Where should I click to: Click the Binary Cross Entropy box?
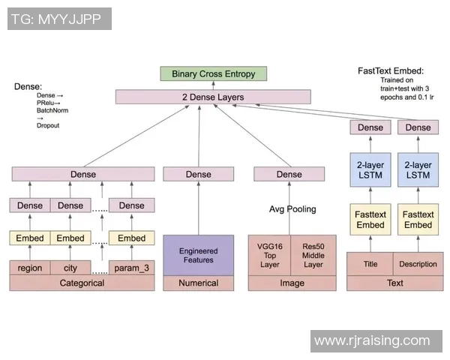click(214, 74)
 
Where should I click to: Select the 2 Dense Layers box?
click(213, 97)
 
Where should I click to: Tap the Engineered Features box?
click(199, 255)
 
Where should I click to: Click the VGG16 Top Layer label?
click(269, 254)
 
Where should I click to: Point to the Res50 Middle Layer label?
click(314, 254)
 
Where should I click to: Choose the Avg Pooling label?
click(292, 209)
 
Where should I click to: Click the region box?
click(30, 268)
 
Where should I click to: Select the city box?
click(70, 268)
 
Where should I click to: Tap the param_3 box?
click(132, 268)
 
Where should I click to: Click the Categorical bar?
click(82, 283)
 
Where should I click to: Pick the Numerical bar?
click(199, 283)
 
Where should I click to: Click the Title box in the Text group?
click(370, 264)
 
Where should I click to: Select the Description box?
click(418, 264)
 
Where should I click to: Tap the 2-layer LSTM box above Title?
click(370, 169)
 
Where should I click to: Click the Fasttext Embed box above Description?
click(418, 220)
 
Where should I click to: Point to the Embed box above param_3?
click(132, 238)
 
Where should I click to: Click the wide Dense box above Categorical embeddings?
click(83, 174)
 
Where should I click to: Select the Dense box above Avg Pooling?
click(289, 174)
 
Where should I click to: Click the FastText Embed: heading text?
click(391, 71)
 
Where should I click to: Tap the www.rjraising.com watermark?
click(372, 341)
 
